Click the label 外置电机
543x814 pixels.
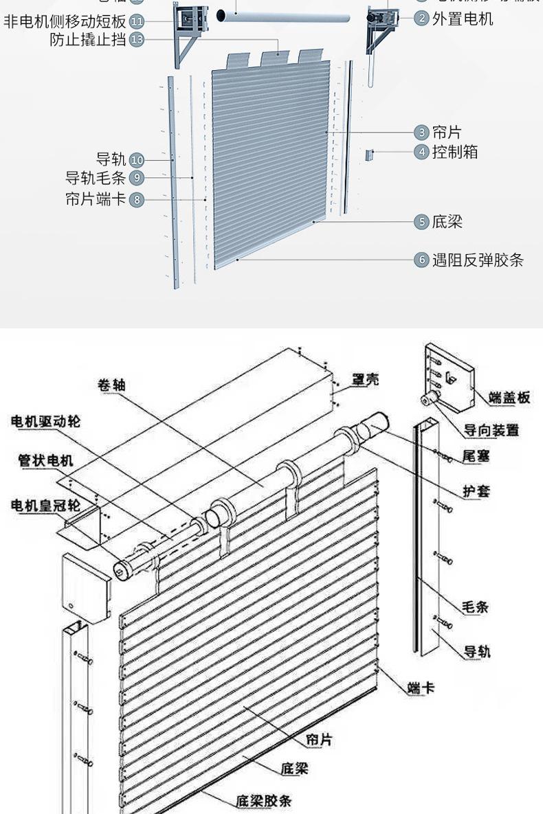tap(463, 19)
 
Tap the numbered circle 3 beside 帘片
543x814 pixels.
tap(421, 133)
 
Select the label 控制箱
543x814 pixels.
tap(455, 152)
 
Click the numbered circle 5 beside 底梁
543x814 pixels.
tap(421, 222)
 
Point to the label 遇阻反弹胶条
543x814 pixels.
tap(478, 260)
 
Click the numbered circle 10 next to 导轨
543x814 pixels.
tap(137, 161)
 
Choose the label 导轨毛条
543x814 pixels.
tap(96, 179)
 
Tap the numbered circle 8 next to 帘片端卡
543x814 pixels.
tap(137, 200)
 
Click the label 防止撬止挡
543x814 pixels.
tap(88, 40)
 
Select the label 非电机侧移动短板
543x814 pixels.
tap(65, 21)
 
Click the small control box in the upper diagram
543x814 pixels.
tap(368, 155)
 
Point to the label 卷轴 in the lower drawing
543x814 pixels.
tap(111, 385)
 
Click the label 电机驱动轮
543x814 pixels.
tap(45, 421)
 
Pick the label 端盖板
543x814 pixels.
tap(509, 397)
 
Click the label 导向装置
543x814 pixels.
tap(491, 430)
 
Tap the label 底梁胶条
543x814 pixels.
tap(264, 800)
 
